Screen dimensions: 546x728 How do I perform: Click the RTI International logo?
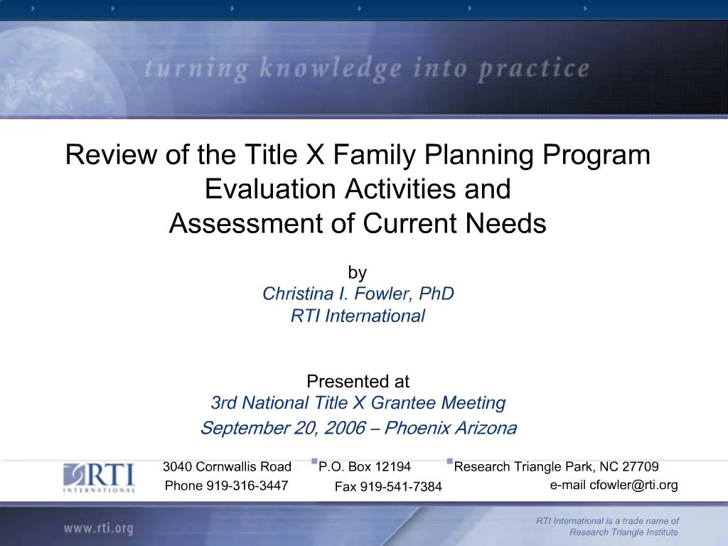(99, 477)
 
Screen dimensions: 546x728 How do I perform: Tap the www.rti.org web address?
(98, 528)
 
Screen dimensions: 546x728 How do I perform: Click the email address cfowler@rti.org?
(633, 486)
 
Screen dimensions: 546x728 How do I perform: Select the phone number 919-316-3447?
(247, 486)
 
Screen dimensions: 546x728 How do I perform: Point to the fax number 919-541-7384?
(401, 487)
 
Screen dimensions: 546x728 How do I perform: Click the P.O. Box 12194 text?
(365, 467)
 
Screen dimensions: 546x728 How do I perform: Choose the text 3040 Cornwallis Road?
(227, 467)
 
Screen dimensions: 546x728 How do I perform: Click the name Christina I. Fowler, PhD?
(358, 294)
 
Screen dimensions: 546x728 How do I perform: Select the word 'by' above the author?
(357, 272)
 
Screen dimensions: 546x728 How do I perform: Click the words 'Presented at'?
(358, 382)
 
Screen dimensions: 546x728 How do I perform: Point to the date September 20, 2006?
(284, 428)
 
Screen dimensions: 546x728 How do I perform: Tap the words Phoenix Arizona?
(451, 428)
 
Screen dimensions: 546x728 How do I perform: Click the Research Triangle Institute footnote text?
(623, 532)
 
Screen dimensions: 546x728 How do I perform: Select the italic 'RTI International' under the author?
(358, 316)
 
